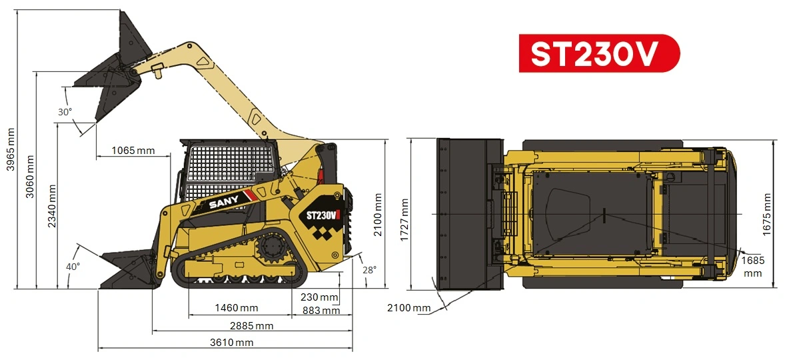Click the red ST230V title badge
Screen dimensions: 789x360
click(x=599, y=53)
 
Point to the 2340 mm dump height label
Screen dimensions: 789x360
click(x=52, y=206)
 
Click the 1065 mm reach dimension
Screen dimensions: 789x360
click(x=133, y=150)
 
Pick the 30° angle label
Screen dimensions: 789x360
click(x=65, y=112)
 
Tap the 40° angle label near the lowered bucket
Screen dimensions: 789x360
click(x=73, y=267)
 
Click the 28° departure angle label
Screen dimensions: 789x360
click(x=369, y=270)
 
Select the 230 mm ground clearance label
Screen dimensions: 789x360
click(x=319, y=297)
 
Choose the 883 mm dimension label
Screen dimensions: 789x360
click(x=321, y=310)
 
